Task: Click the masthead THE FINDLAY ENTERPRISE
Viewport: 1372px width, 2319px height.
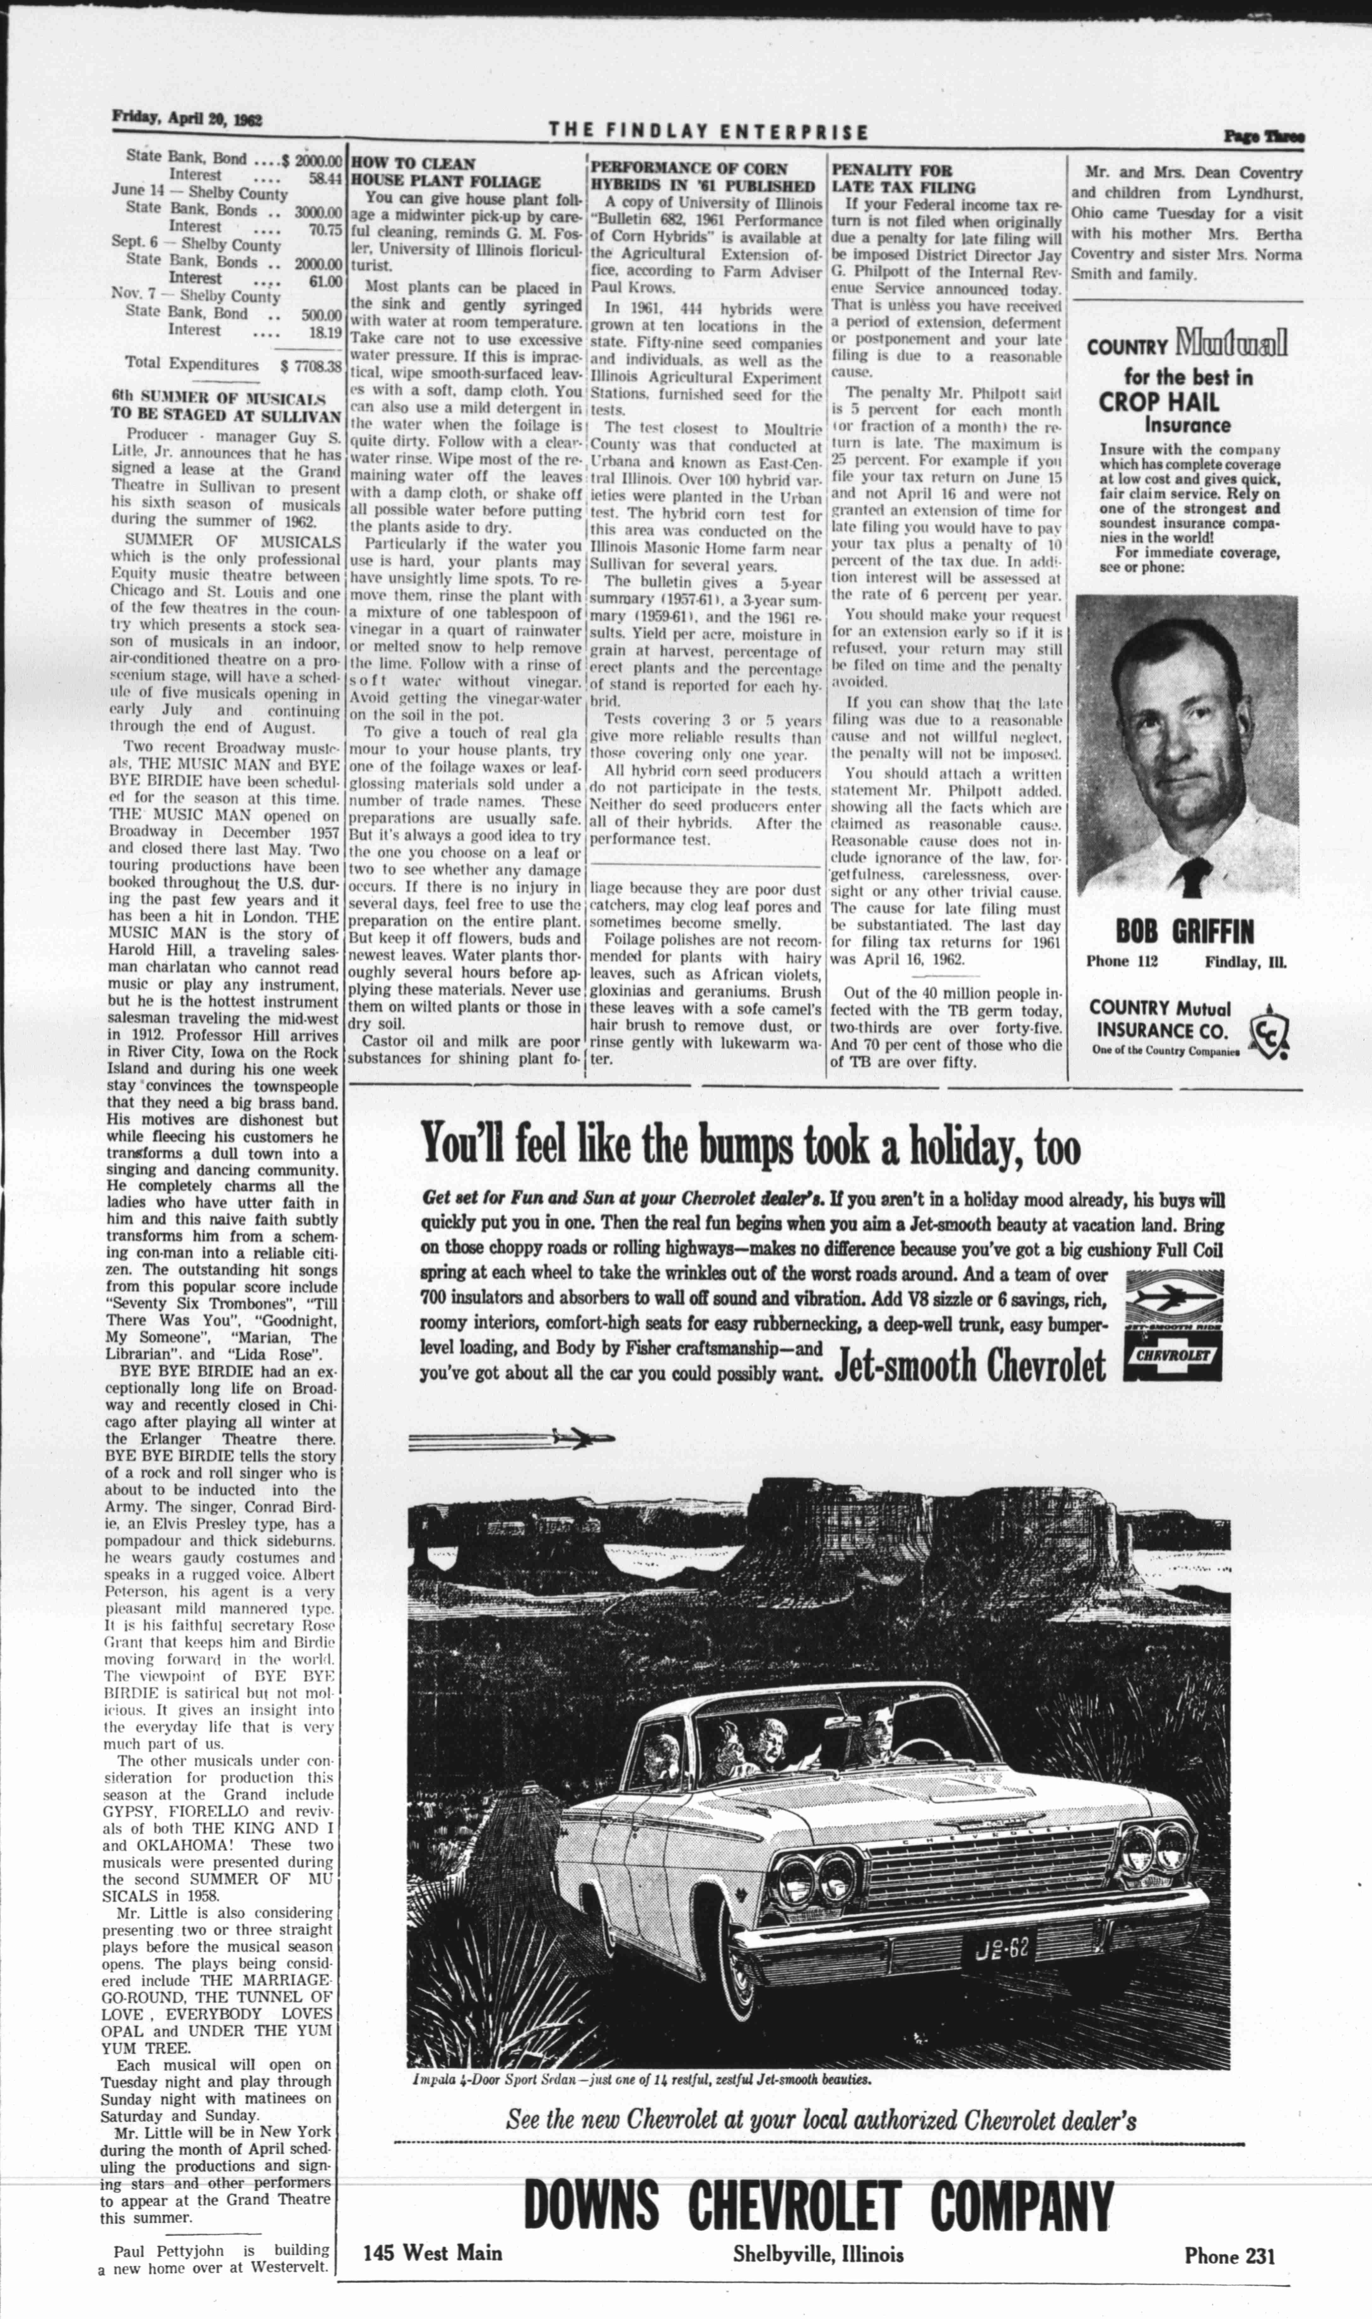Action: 708,131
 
